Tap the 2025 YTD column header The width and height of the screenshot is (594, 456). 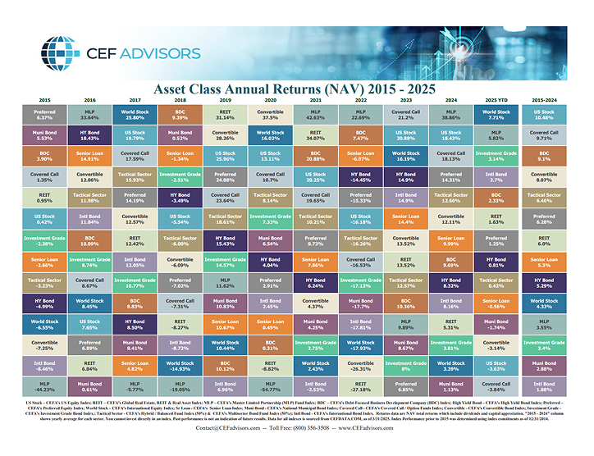pyautogui.click(x=496, y=99)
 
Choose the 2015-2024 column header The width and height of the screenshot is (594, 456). pyautogui.click(x=544, y=99)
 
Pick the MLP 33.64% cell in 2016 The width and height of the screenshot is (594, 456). pyautogui.click(x=89, y=114)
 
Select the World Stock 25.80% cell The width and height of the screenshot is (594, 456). pyautogui.click(x=135, y=114)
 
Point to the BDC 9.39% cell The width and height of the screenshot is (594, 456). pyautogui.click(x=180, y=114)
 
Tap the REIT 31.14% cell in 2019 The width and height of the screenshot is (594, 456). pyautogui.click(x=225, y=114)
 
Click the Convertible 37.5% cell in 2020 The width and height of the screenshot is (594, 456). pyautogui.click(x=270, y=114)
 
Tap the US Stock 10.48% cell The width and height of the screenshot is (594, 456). pyautogui.click(x=544, y=114)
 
